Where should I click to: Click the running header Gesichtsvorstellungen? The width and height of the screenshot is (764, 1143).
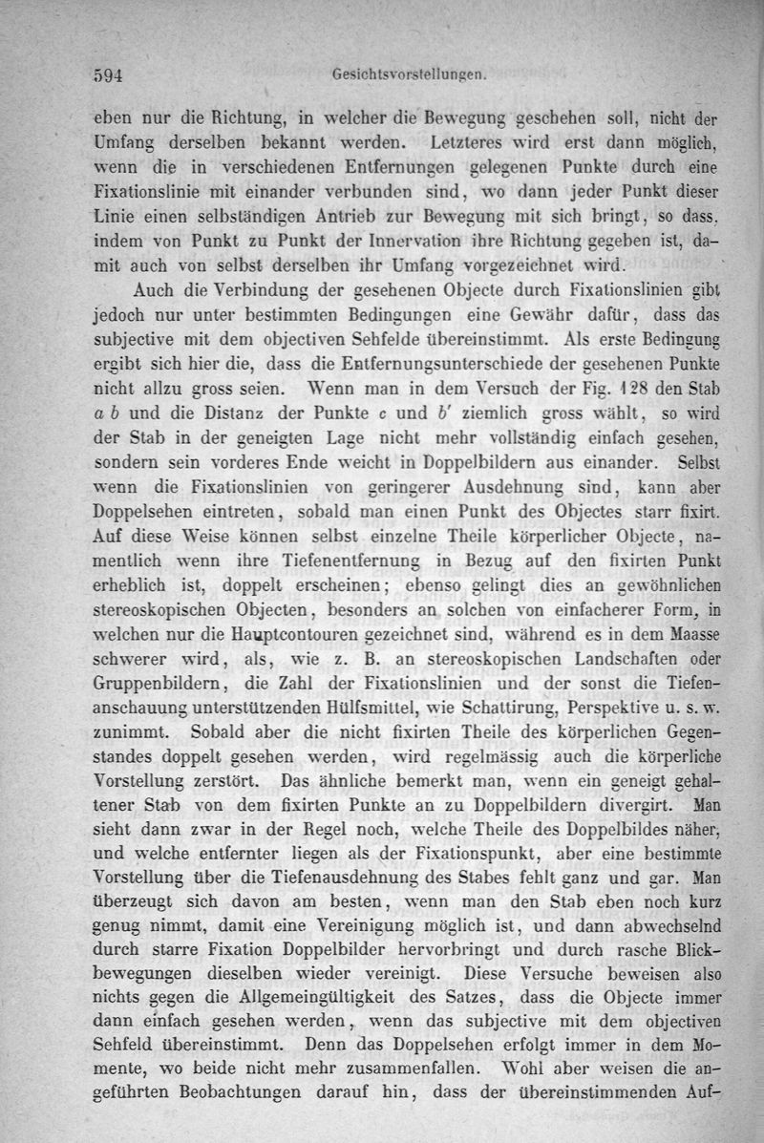pyautogui.click(x=412, y=72)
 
